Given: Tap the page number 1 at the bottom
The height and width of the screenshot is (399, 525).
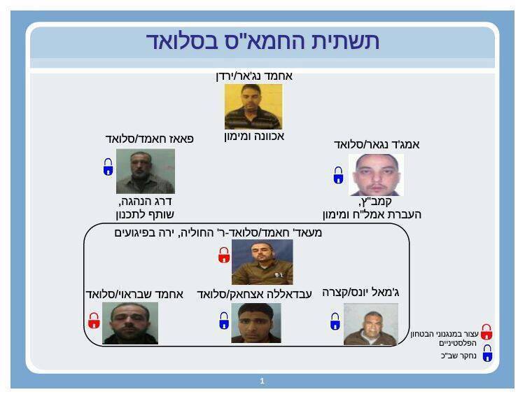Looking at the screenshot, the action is (262, 381).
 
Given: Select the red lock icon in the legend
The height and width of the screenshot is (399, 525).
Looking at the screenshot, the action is (486, 332).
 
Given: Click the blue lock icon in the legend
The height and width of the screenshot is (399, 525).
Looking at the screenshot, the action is (487, 353).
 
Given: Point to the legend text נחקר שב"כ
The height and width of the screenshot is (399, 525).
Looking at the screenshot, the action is (458, 356).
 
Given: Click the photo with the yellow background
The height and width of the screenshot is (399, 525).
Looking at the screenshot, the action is (253, 106).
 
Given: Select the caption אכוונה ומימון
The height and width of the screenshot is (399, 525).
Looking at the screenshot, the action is (254, 136).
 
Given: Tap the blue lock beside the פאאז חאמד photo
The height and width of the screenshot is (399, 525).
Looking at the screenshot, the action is (108, 167).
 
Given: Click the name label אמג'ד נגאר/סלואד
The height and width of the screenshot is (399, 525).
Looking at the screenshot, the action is (377, 145).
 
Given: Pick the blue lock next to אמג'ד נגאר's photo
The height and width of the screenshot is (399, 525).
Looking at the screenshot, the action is (339, 175).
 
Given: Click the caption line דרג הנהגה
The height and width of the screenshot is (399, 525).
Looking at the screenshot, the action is (146, 202).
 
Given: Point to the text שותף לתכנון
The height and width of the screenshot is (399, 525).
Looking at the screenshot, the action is (145, 215).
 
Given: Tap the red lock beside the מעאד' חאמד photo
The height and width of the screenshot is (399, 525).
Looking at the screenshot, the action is (224, 255).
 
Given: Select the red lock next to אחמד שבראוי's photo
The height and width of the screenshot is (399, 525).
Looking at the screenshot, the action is (94, 321).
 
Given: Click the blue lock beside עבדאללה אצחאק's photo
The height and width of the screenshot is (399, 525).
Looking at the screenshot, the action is (224, 321).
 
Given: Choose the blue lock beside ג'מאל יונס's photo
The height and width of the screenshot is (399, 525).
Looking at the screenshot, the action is (335, 321).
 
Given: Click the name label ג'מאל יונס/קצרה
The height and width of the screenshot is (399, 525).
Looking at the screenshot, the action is (360, 293).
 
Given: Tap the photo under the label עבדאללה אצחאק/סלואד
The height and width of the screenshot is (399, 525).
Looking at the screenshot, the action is (256, 323).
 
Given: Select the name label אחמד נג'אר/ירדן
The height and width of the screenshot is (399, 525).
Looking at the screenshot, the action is (254, 76).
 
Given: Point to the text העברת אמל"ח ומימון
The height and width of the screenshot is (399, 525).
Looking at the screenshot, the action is (372, 215).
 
